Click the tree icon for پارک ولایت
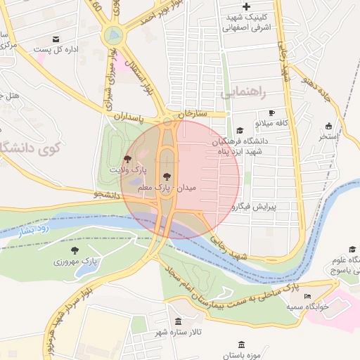[127, 159]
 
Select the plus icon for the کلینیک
[245, 6]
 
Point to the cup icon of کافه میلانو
[271, 112]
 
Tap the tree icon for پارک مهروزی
[75, 250]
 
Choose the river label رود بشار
[33, 229]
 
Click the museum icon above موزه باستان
[242, 345]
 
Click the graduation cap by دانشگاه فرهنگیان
[239, 130]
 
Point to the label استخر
[329, 136]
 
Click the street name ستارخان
[193, 112]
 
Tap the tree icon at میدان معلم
[166, 177]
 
